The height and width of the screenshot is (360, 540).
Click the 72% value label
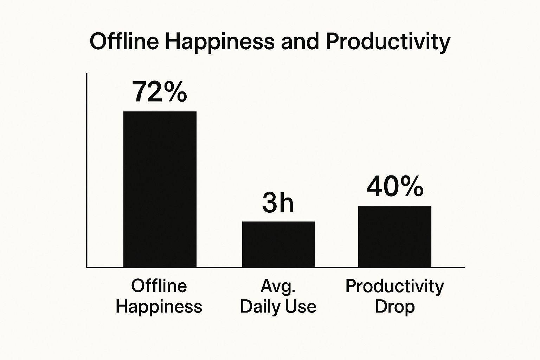159,92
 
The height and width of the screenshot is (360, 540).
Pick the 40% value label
394,187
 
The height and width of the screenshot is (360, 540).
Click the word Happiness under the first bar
159,307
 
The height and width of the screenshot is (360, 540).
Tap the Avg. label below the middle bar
278,287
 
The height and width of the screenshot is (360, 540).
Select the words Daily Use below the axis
278,306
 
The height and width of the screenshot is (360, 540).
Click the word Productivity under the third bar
394,287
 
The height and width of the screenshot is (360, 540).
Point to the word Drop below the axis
394,307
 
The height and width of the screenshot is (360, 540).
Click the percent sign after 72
174,92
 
